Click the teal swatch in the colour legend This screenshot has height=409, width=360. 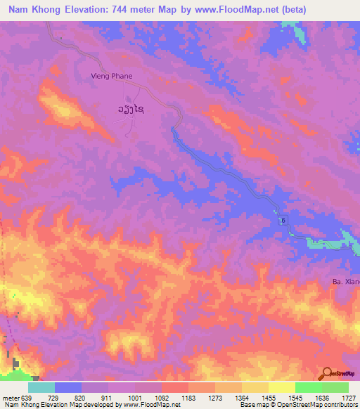coord(41,387)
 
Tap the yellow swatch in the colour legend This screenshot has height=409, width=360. coord(282,387)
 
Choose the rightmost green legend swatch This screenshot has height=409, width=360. coord(335,387)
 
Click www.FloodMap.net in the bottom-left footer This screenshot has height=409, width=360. coord(151,405)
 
